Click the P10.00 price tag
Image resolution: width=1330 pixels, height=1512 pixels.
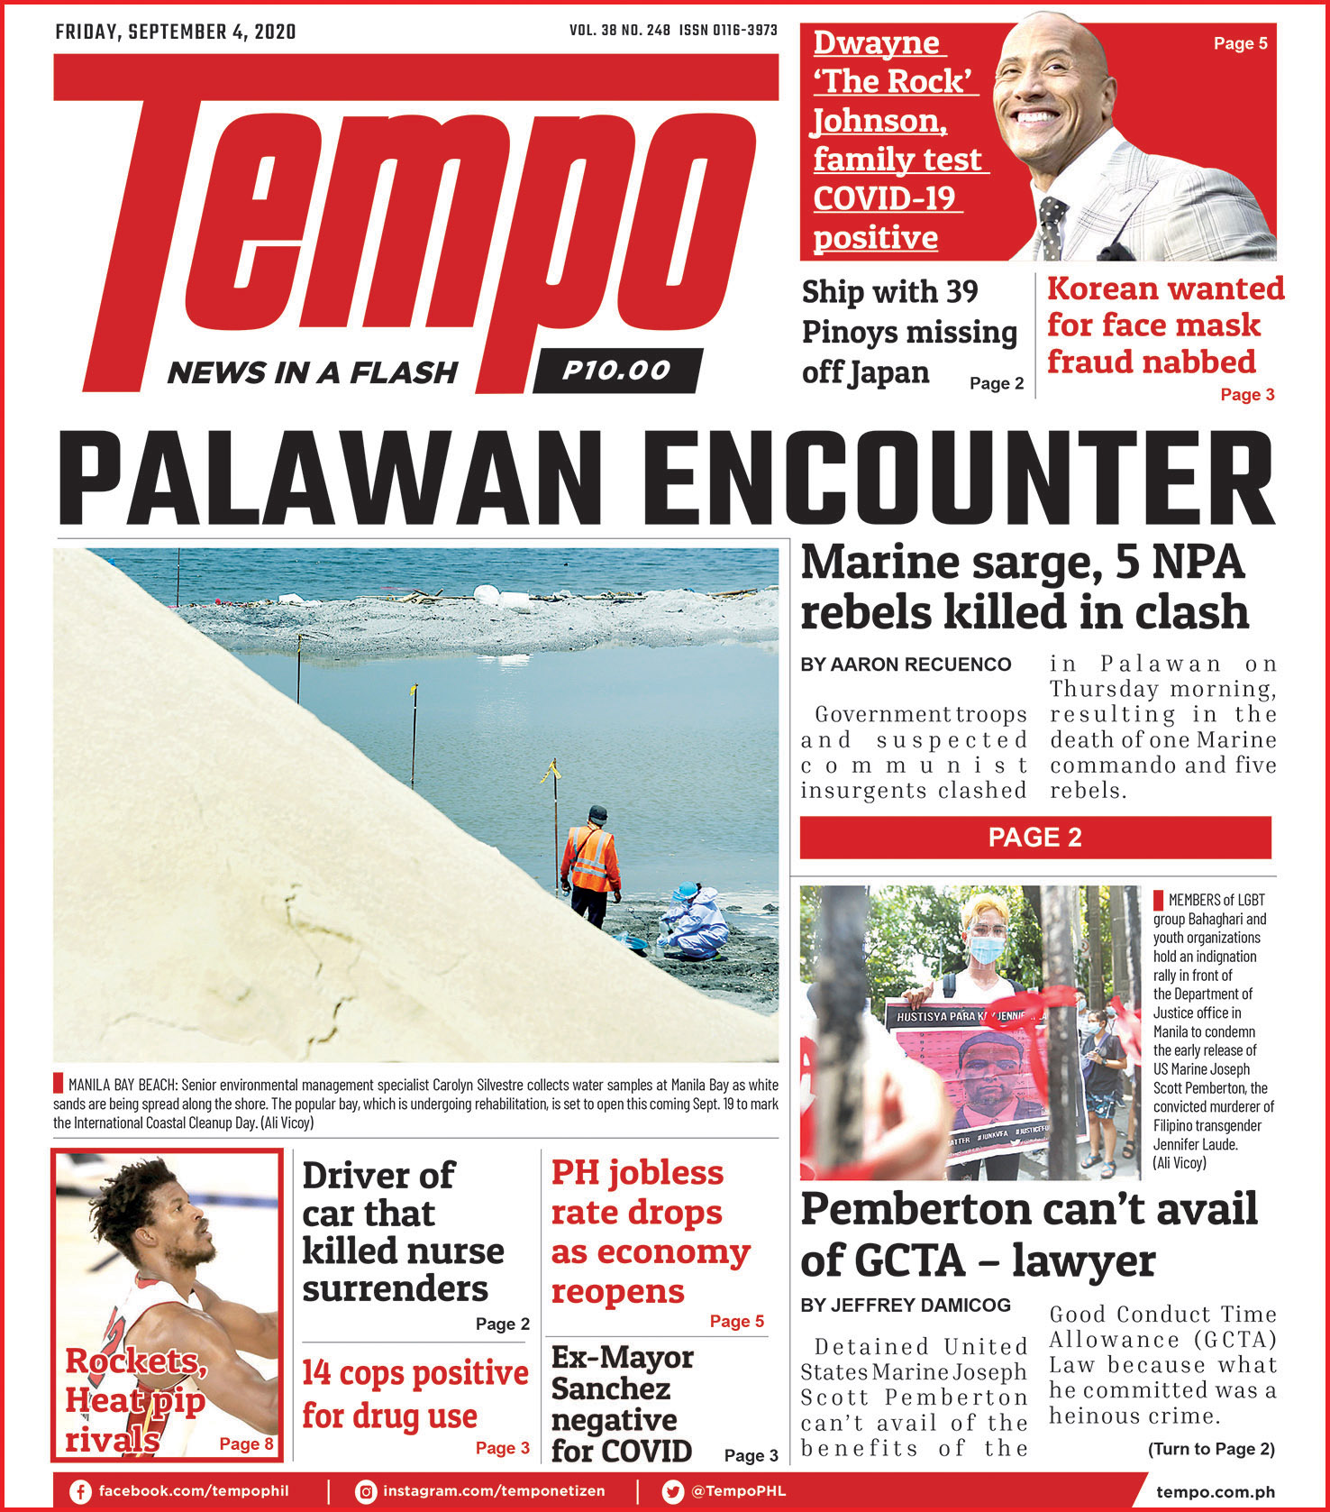tap(616, 371)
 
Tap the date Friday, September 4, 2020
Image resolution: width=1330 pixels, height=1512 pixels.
tap(176, 32)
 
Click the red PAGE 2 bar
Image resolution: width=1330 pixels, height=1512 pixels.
tap(1035, 838)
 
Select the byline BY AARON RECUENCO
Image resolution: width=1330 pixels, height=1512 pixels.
tap(906, 664)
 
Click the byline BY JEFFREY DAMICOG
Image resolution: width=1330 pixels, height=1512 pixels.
tap(906, 1305)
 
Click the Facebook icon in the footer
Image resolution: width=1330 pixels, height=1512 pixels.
tap(80, 1491)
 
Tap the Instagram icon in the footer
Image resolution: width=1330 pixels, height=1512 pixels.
tap(366, 1491)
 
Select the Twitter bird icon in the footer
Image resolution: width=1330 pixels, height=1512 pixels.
tap(672, 1491)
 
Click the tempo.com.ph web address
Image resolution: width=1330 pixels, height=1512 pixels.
tap(1215, 1492)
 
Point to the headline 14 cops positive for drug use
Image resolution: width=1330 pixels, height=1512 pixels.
tap(414, 1394)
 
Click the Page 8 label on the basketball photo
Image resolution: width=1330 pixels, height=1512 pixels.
tap(246, 1443)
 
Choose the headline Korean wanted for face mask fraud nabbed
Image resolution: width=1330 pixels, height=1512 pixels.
tap(1164, 325)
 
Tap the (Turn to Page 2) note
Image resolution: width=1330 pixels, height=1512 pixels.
tap(1210, 1449)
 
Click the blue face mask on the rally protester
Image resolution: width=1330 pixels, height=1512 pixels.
tap(986, 948)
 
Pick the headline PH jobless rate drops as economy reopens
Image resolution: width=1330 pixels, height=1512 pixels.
tap(650, 1232)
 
